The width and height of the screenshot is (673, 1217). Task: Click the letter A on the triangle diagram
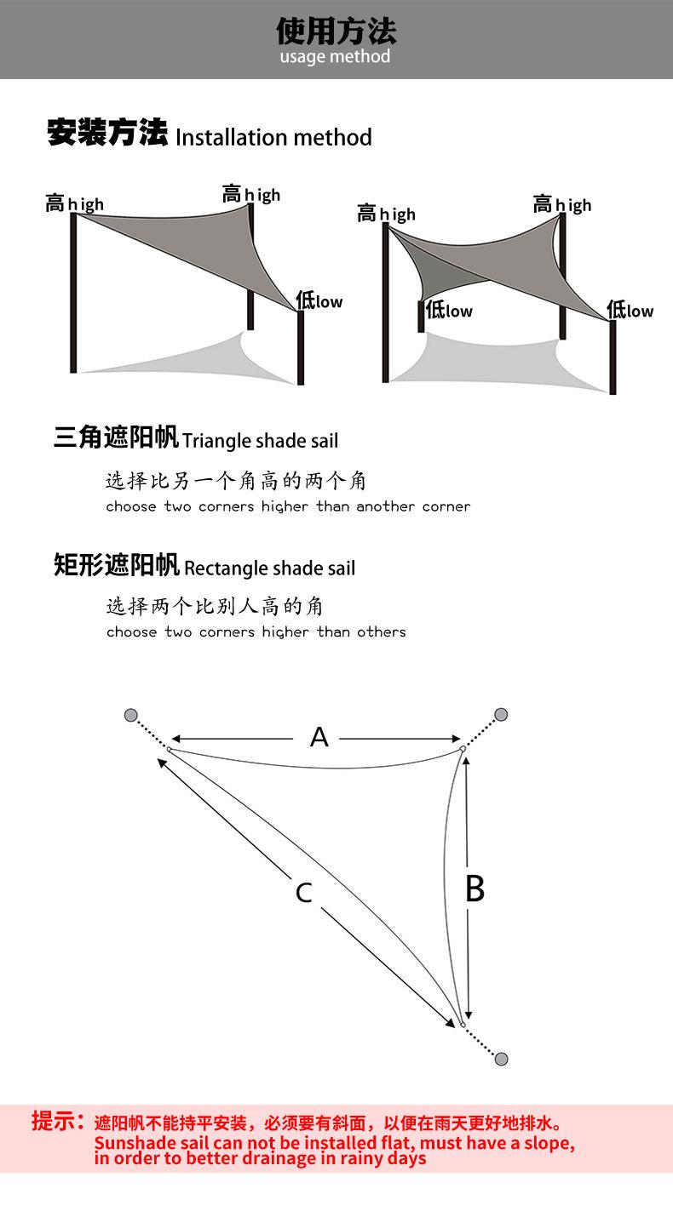pyautogui.click(x=319, y=737)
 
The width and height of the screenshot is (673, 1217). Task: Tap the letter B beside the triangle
pyautogui.click(x=475, y=888)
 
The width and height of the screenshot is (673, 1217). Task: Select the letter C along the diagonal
pyautogui.click(x=303, y=893)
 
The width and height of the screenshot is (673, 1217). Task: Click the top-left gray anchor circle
pyautogui.click(x=130, y=714)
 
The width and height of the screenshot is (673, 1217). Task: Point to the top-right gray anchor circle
pyautogui.click(x=501, y=714)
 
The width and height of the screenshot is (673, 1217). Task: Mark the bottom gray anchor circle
pyautogui.click(x=501, y=1059)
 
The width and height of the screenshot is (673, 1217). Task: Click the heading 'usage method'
pyautogui.click(x=335, y=57)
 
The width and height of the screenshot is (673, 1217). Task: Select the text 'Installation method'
pyautogui.click(x=273, y=137)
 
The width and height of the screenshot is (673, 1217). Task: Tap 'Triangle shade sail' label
pyautogui.click(x=260, y=441)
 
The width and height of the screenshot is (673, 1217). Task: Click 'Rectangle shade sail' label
pyautogui.click(x=269, y=569)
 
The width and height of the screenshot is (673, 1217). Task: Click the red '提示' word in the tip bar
pyautogui.click(x=56, y=1121)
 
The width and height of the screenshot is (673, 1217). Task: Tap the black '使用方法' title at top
pyautogui.click(x=336, y=31)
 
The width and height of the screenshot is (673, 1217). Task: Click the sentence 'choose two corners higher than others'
pyautogui.click(x=256, y=632)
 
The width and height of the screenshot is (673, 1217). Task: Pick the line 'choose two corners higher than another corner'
pyautogui.click(x=288, y=507)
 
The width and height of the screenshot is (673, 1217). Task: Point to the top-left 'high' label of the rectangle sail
pyautogui.click(x=388, y=214)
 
